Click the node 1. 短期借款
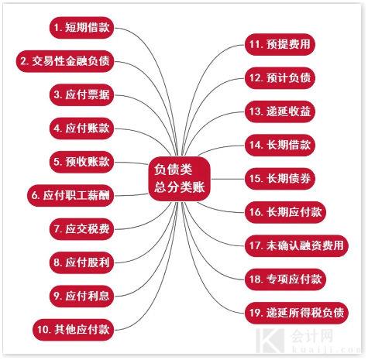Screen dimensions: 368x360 click(81, 28)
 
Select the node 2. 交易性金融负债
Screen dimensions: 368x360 click(65, 61)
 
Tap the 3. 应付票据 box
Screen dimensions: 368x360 click(81, 94)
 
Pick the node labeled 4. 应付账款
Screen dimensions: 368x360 click(81, 129)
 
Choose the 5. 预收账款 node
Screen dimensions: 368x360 click(81, 162)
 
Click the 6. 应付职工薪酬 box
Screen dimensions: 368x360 click(71, 195)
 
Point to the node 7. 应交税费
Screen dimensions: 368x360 click(81, 229)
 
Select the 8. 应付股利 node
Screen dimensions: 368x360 click(81, 262)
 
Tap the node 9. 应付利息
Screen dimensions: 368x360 click(81, 296)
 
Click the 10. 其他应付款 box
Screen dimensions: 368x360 click(74, 330)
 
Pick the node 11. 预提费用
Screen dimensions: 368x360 click(280, 44)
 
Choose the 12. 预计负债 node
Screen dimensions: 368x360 click(280, 78)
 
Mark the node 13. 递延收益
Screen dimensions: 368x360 click(280, 111)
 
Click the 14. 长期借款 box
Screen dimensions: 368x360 click(280, 145)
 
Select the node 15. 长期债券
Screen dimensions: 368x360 click(280, 179)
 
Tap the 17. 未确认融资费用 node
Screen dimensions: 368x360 click(297, 245)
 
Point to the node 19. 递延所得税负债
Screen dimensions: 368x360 click(297, 313)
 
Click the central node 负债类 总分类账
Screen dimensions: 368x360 click(180, 179)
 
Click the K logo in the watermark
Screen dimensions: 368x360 click(270, 340)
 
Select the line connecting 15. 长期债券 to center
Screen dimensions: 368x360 click(228, 179)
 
